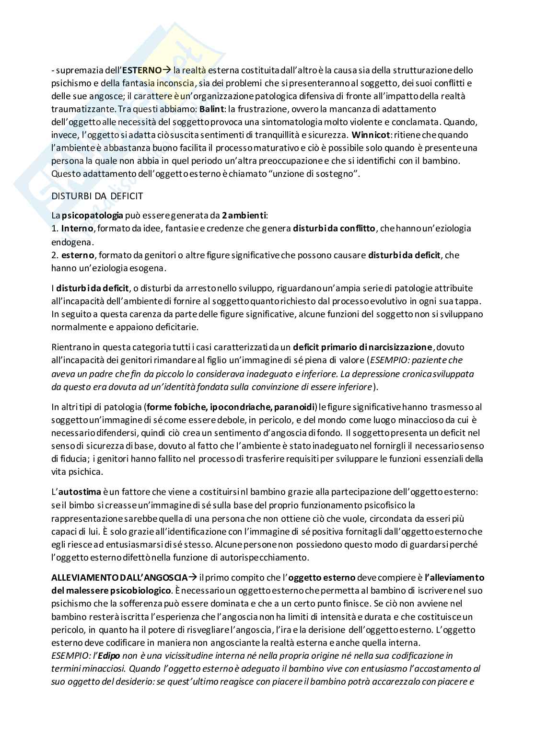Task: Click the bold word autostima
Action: point(80,492)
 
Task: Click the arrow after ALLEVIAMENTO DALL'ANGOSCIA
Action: point(193,577)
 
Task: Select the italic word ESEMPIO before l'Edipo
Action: point(67,655)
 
